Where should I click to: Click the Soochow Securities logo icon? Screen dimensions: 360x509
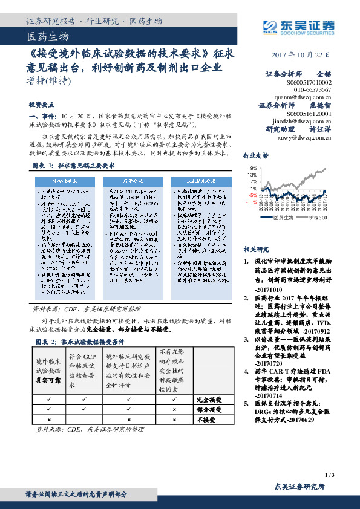click(x=270, y=25)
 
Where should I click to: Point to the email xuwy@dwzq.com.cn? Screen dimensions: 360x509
click(x=304, y=137)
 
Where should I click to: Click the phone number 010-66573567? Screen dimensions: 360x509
click(x=311, y=89)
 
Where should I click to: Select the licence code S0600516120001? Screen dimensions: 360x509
click(x=311, y=113)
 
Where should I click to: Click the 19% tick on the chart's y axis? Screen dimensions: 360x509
click(x=252, y=167)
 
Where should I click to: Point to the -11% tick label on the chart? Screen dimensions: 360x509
click(x=251, y=202)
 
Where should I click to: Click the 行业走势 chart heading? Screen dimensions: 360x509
click(x=256, y=155)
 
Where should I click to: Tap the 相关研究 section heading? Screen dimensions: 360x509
click(x=256, y=248)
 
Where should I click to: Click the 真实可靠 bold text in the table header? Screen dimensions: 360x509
click(x=47, y=381)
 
